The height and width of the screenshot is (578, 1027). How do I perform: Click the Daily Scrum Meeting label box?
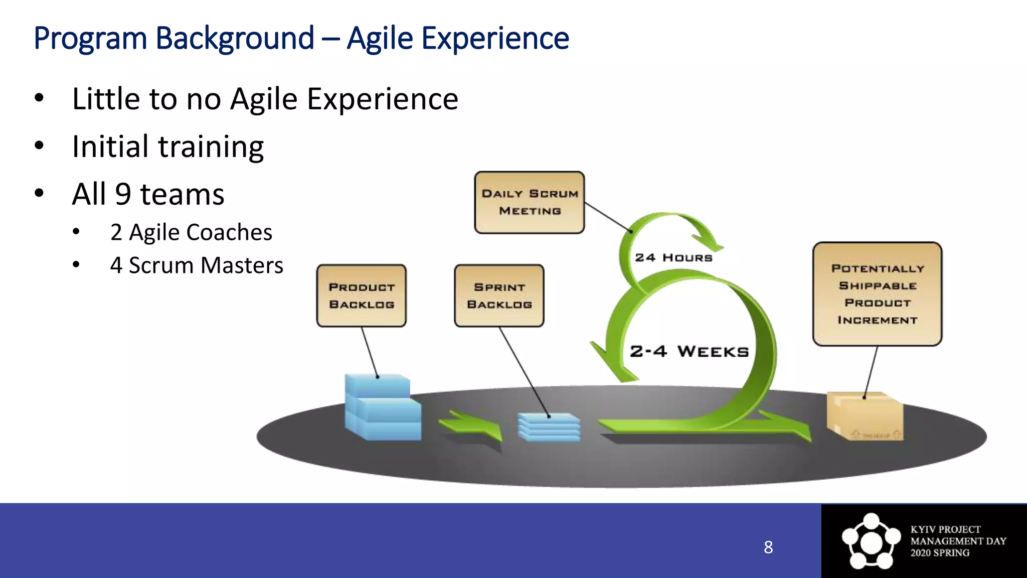530,202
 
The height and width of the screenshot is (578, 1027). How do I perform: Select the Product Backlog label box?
362,296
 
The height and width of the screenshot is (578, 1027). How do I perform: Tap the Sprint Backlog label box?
499,296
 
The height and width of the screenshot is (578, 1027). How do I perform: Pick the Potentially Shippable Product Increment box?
877,294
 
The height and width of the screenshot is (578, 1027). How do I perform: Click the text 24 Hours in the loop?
673,258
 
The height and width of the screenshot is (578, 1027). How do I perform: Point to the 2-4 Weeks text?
689,351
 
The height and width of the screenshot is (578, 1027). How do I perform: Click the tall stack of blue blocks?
383,407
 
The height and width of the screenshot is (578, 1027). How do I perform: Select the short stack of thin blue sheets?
549,427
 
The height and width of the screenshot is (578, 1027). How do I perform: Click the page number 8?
768,547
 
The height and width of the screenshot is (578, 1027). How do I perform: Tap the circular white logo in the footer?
871,541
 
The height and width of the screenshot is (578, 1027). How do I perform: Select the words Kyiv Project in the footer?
945,530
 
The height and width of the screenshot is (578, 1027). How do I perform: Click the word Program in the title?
90,39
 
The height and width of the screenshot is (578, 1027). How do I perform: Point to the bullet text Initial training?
167,147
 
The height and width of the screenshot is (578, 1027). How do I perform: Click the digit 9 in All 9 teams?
123,194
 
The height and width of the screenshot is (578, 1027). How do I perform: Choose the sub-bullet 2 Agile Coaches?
191,232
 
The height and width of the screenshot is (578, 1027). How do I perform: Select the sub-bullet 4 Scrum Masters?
197,265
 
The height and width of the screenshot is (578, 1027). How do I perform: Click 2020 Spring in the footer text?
940,553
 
